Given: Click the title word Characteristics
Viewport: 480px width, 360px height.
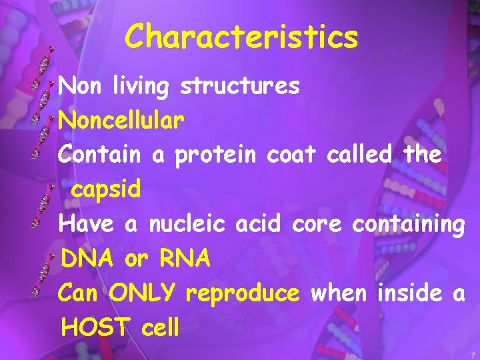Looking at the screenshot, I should pyautogui.click(x=241, y=37).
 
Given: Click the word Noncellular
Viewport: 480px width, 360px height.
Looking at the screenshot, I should pyautogui.click(x=121, y=121).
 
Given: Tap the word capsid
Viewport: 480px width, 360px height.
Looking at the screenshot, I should pyautogui.click(x=106, y=190).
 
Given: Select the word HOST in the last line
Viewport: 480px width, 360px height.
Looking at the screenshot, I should pyautogui.click(x=97, y=327).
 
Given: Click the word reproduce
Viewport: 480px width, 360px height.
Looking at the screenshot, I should pyautogui.click(x=243, y=293).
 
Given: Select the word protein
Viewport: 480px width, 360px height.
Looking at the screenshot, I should pyautogui.click(x=216, y=155).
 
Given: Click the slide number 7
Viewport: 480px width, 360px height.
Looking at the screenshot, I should pyautogui.click(x=472, y=354).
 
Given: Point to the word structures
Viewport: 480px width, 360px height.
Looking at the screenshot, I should pyautogui.click(x=241, y=86).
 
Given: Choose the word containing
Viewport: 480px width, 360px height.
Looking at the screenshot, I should pyautogui.click(x=409, y=225).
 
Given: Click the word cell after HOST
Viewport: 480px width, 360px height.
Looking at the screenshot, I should pyautogui.click(x=161, y=327).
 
